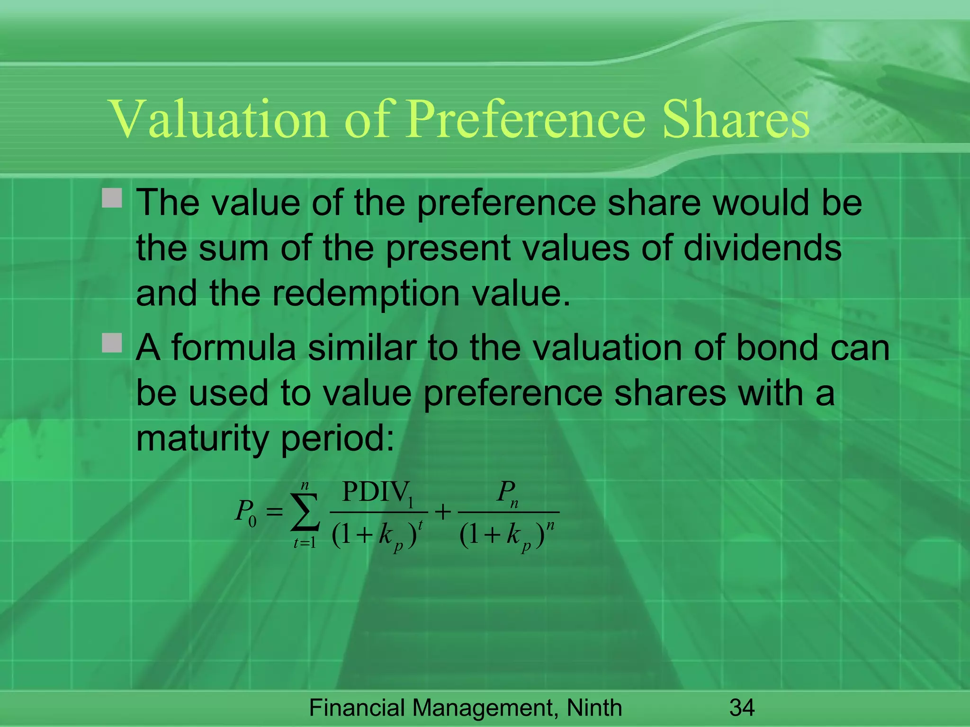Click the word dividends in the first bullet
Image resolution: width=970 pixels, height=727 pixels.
pyautogui.click(x=763, y=248)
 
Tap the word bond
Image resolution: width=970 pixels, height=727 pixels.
pyautogui.click(x=777, y=348)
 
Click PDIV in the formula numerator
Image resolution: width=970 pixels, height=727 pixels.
pyautogui.click(x=374, y=492)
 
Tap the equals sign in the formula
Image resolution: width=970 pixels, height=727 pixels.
pyautogui.click(x=274, y=512)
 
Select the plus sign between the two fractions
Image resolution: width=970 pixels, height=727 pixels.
pyautogui.click(x=443, y=512)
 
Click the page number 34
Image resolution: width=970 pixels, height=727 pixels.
pyautogui.click(x=742, y=708)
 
